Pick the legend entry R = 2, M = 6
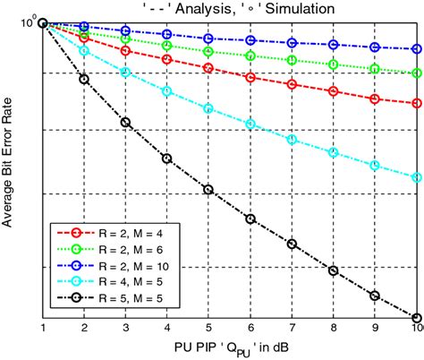120,251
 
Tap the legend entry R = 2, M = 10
123,267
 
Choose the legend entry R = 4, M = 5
120,283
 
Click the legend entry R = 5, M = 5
120,299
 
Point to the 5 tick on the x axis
208,329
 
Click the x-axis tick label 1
43,329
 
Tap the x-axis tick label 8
334,329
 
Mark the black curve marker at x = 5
208,190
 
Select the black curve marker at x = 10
417,317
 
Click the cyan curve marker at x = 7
292,139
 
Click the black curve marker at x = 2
84,79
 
